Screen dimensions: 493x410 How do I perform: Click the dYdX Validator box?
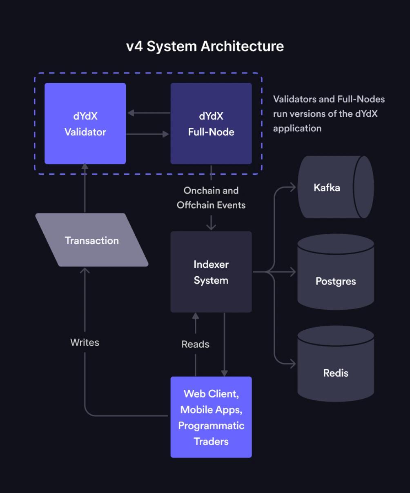click(85, 124)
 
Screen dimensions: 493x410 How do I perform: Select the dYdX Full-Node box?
click(211, 124)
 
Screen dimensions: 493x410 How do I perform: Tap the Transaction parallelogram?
click(92, 240)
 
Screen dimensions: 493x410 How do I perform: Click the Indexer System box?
click(211, 272)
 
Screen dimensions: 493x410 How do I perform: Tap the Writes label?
click(85, 342)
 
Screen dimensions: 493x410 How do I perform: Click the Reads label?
click(195, 344)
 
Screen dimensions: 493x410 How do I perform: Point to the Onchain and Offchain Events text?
click(211, 198)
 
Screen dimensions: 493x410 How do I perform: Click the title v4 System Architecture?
click(205, 46)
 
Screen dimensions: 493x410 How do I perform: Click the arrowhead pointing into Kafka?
click(292, 188)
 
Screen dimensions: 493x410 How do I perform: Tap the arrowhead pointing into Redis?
click(292, 363)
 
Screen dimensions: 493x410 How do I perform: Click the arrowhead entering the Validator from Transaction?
click(85, 167)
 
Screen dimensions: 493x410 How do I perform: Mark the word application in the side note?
click(297, 128)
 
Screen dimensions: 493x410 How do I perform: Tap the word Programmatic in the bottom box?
click(211, 426)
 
